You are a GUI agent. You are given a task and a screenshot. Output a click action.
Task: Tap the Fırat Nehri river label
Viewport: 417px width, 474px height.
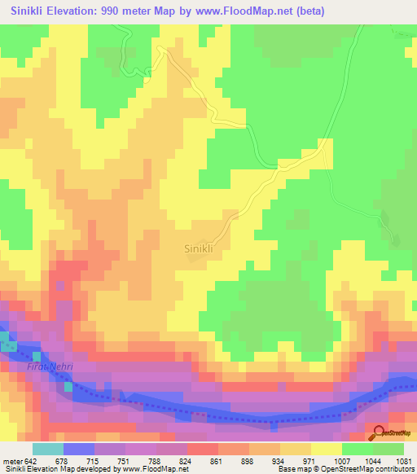[50, 367]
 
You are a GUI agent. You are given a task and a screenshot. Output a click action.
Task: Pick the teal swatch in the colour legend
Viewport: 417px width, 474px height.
[48, 449]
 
